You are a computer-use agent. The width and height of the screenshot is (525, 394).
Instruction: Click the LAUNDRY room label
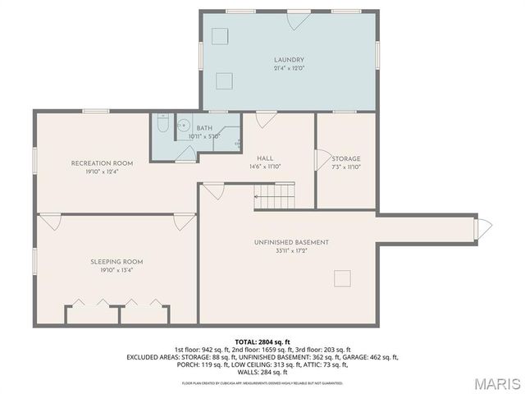(289, 60)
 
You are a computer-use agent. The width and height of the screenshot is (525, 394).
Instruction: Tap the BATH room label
(203, 128)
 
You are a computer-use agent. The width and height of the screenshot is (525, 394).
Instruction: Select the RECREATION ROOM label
(102, 163)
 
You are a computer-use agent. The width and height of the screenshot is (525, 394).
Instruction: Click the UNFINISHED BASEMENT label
(291, 242)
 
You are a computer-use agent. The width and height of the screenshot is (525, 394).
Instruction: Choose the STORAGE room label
(346, 158)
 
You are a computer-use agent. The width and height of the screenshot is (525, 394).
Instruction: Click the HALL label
(265, 158)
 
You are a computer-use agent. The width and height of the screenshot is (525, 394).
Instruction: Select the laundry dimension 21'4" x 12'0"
(289, 69)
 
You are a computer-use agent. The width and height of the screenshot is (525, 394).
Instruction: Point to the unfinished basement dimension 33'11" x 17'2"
(291, 251)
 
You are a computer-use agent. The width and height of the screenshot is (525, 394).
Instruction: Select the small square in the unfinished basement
(341, 279)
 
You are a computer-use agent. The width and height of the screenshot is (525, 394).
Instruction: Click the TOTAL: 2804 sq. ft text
(262, 341)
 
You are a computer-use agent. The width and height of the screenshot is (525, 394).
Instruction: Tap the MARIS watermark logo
(495, 383)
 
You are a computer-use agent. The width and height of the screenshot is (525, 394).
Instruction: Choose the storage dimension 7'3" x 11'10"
(346, 167)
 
